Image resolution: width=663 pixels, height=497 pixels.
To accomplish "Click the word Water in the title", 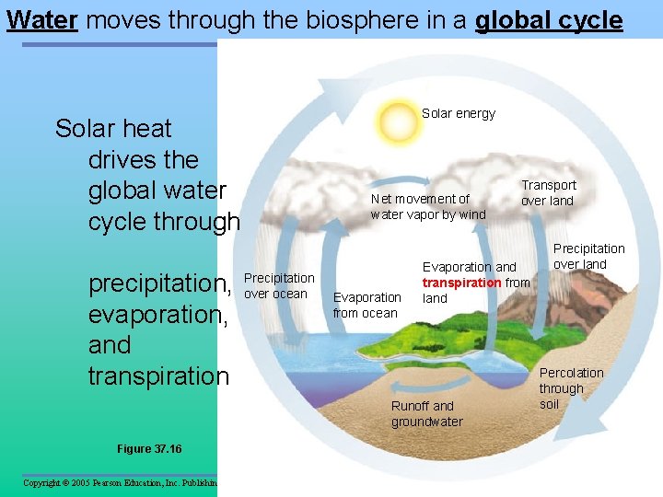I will coord(41,20).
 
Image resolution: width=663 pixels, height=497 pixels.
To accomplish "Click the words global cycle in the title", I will coord(549,20).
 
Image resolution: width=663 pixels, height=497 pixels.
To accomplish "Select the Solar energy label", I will coord(458,113).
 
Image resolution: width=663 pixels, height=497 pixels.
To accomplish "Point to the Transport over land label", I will coord(548,192).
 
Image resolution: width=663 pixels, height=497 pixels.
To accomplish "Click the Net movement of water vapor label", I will coord(427,206).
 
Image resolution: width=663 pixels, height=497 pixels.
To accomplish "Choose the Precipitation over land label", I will coord(588,256).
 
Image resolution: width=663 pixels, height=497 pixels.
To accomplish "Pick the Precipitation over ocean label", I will coord(278,285).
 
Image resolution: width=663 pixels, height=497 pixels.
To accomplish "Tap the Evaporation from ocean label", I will coord(366,305).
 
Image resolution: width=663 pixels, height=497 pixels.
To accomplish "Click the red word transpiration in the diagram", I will coord(462,283).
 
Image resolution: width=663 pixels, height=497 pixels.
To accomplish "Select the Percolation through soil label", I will coord(571,387).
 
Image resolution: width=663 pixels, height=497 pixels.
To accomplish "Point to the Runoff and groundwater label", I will coord(426,413).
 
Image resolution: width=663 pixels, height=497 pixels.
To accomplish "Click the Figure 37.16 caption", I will coord(149,448).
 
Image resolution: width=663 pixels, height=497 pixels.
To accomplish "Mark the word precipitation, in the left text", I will coord(159,283).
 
